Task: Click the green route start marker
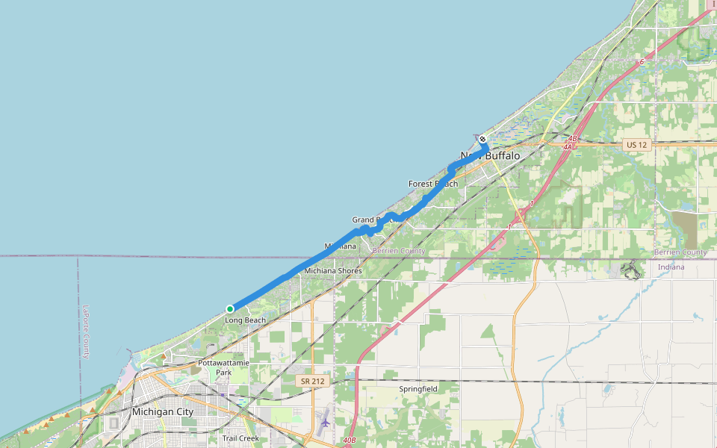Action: pos(230,309)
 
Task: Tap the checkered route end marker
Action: pos(482,139)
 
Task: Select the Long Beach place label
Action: pos(245,320)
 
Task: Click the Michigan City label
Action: pos(162,411)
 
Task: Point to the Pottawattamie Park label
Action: pos(223,367)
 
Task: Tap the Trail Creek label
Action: pos(240,438)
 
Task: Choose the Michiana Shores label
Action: pos(332,270)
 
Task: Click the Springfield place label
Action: pos(419,389)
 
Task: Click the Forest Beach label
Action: pos(433,184)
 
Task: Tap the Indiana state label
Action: pos(671,267)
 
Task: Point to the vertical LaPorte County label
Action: pos(87,332)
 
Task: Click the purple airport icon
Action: pos(324,423)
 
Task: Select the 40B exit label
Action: pos(350,441)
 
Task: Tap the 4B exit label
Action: pos(573,138)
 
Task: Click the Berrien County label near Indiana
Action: pos(680,252)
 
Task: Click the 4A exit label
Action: pos(567,147)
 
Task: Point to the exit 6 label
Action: pos(641,62)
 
